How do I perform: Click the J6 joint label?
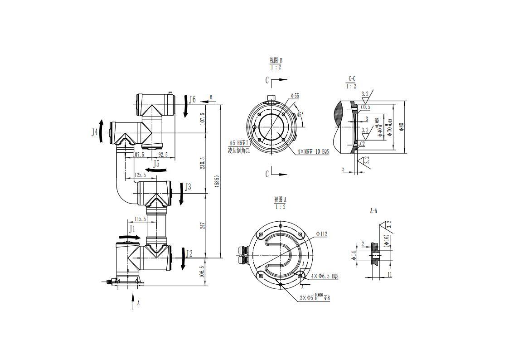point(193,100)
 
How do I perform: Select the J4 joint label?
point(95,132)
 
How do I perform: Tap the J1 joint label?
point(132,229)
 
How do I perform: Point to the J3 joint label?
point(188,187)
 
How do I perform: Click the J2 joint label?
point(189,253)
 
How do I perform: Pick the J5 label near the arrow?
point(156,164)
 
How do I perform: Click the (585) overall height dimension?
point(217,182)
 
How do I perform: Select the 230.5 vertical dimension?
point(203,163)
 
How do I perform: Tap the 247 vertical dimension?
point(203,225)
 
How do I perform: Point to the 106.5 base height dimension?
point(203,272)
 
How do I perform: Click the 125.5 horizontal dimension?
point(140,175)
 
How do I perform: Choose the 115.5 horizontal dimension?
point(140,219)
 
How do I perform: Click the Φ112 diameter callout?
point(321,234)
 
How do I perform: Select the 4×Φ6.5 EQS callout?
point(325,276)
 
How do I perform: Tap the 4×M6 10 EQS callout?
point(313,151)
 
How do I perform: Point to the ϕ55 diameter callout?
point(295,96)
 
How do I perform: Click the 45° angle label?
point(299,115)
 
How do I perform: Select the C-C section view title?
point(352,79)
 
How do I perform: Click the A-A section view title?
point(374,210)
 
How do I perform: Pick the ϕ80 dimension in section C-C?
point(401,127)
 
